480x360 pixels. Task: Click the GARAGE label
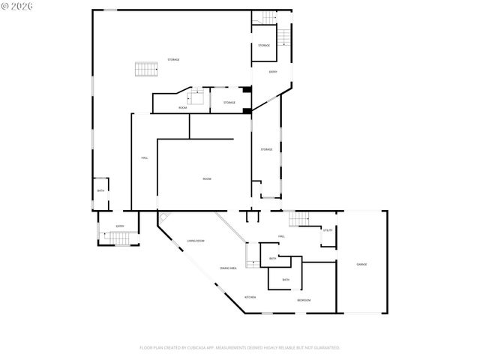361,265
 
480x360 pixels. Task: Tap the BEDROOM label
304,300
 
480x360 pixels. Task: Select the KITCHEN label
250,297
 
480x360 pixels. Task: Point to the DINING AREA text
229,268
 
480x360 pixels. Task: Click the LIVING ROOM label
196,241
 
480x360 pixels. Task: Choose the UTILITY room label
328,231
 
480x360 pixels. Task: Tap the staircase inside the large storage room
145,70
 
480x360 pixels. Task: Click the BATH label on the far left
100,190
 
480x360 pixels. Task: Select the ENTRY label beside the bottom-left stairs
119,226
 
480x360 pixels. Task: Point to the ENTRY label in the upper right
273,72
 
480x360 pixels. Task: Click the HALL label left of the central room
144,158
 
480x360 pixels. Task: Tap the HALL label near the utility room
281,236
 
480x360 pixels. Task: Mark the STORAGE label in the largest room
173,59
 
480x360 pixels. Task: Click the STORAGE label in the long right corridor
266,149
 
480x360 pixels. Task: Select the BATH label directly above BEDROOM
286,280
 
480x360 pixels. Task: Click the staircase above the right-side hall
299,218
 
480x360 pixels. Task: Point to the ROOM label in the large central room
206,178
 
